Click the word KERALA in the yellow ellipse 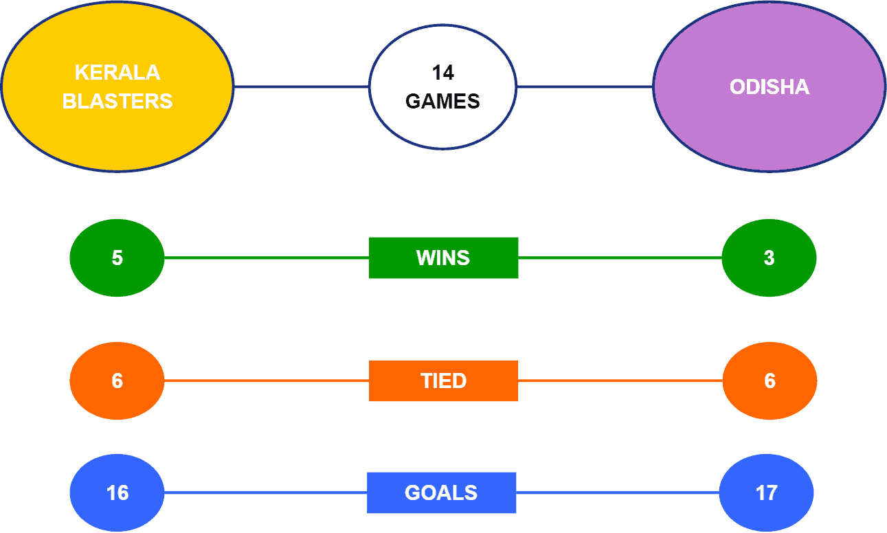(117, 73)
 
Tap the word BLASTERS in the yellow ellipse (117, 101)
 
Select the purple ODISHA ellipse (769, 87)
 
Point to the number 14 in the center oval (442, 73)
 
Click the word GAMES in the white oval (442, 101)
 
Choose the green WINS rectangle (444, 258)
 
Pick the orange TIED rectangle (444, 381)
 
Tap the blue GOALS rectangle (442, 492)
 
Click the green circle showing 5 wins (117, 258)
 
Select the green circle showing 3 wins (769, 258)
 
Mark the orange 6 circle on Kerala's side (117, 381)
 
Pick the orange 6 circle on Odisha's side (770, 381)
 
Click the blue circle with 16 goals (117, 492)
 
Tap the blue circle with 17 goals (767, 492)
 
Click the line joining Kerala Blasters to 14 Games (302, 87)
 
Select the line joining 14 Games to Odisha (585, 87)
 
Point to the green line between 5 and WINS (267, 258)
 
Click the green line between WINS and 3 (620, 258)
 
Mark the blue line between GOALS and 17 (618, 492)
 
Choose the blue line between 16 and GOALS (266, 492)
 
